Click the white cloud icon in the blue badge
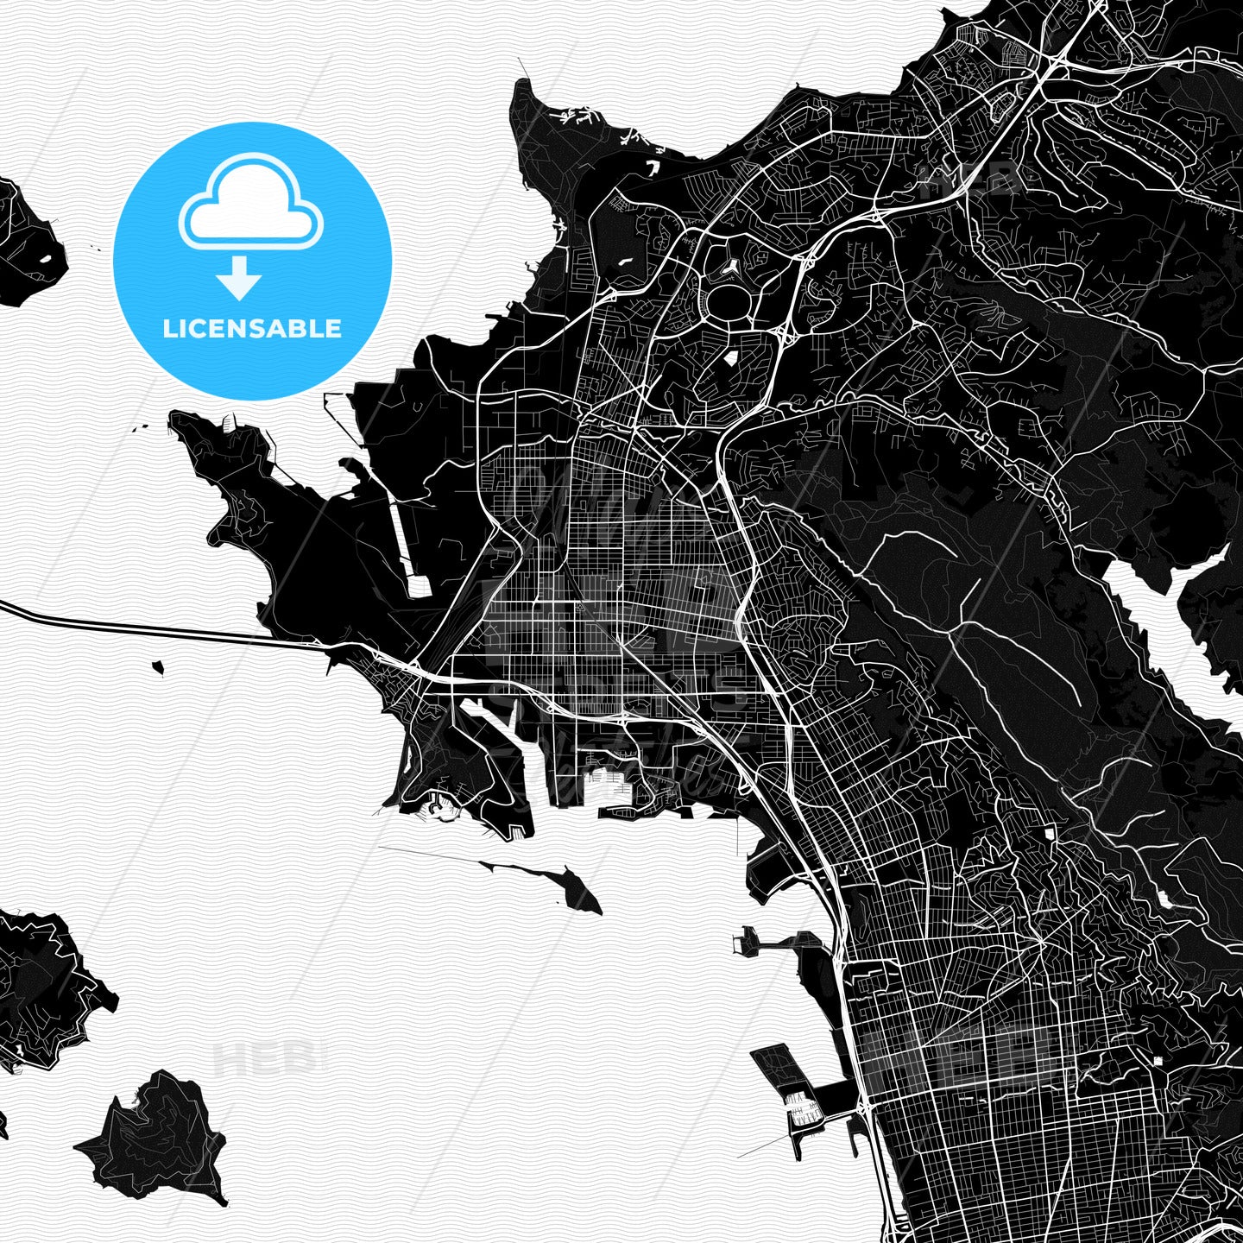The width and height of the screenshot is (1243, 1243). (250, 204)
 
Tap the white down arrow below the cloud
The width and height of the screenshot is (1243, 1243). (239, 278)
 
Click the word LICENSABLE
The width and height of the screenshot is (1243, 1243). (252, 328)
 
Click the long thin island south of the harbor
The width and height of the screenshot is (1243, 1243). (570, 886)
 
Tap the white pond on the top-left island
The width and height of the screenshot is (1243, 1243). (43, 257)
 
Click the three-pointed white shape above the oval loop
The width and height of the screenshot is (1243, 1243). (730, 267)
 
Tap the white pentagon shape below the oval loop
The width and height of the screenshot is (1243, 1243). (730, 357)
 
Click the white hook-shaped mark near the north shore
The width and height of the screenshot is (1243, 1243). (654, 165)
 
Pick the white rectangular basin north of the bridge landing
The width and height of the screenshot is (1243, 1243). (418, 587)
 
